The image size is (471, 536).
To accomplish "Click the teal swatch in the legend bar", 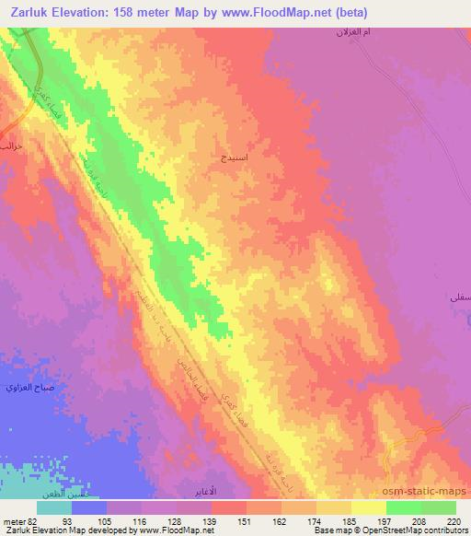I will pos(54,507).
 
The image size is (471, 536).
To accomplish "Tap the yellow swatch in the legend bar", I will pos(369,507).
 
